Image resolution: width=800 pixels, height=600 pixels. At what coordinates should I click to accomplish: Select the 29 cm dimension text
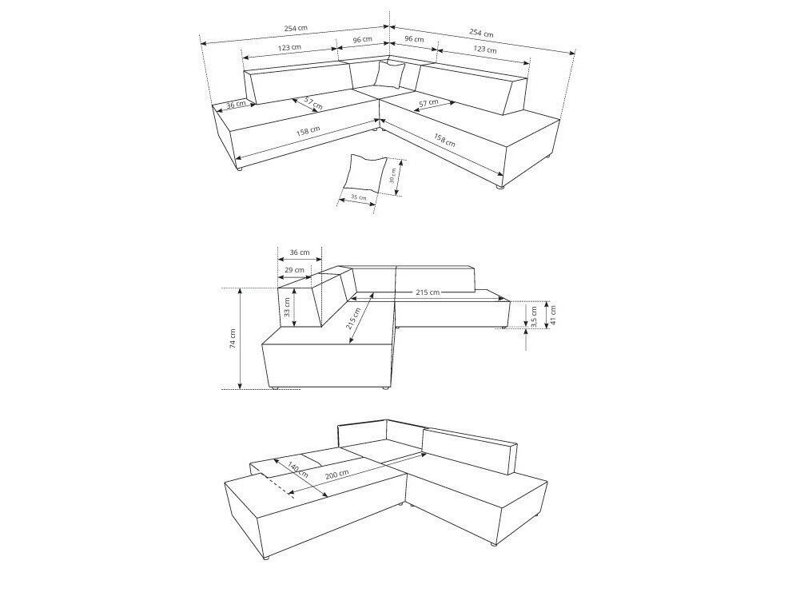coord(294,270)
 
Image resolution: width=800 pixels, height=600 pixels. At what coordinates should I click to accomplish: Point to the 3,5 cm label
coord(534,317)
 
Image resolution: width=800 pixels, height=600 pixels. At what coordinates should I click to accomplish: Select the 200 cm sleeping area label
coord(337,473)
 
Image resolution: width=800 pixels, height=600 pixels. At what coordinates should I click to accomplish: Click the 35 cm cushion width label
coord(358,197)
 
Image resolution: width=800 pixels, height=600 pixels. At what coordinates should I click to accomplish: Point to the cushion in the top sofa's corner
coord(392,74)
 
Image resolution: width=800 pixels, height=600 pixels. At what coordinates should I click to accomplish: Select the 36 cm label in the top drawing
coord(235,105)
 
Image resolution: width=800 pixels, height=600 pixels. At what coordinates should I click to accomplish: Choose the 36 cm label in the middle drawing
coord(299,252)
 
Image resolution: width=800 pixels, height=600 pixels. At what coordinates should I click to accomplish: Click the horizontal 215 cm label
coord(428,292)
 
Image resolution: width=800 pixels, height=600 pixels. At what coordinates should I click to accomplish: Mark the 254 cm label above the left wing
coord(295,28)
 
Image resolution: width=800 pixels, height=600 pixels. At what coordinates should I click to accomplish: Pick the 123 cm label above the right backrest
coord(484,50)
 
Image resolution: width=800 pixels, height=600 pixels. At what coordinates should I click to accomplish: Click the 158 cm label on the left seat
coord(308,129)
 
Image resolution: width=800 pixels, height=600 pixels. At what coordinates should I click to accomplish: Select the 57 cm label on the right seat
coord(428,102)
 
